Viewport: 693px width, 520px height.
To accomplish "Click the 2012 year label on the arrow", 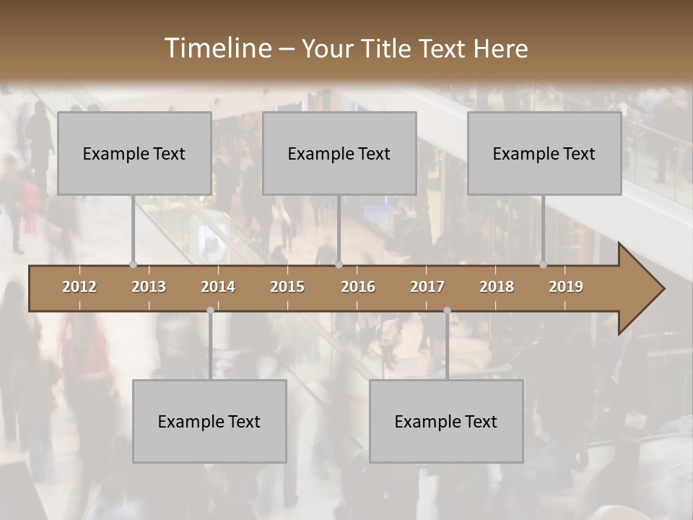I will point(79,287).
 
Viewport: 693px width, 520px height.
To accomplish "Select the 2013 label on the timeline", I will point(149,287).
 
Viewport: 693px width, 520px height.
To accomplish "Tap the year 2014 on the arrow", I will point(218,287).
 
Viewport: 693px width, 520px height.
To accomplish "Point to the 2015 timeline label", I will point(287,287).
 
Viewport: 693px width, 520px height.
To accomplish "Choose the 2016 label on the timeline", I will point(358,287).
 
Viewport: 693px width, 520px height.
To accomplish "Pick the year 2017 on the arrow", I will point(427,287).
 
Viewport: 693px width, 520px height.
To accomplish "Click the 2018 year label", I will point(497,287).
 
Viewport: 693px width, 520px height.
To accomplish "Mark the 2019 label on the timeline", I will point(566,287).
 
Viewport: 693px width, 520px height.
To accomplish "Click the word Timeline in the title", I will point(217,48).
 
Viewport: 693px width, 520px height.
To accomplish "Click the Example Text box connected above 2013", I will point(134,153).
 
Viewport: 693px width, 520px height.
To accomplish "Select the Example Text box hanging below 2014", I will point(209,421).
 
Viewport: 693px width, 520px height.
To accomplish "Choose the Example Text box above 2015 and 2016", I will point(339,153).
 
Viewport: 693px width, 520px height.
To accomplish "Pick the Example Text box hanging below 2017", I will point(446,421).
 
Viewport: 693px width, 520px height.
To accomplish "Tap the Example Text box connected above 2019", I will point(544,153).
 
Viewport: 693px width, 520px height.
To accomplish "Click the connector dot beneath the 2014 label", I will point(210,311).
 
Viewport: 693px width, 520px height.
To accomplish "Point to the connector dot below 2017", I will point(447,311).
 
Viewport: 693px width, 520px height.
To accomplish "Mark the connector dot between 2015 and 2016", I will point(339,264).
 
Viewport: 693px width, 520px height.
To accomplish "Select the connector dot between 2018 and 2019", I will point(543,264).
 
